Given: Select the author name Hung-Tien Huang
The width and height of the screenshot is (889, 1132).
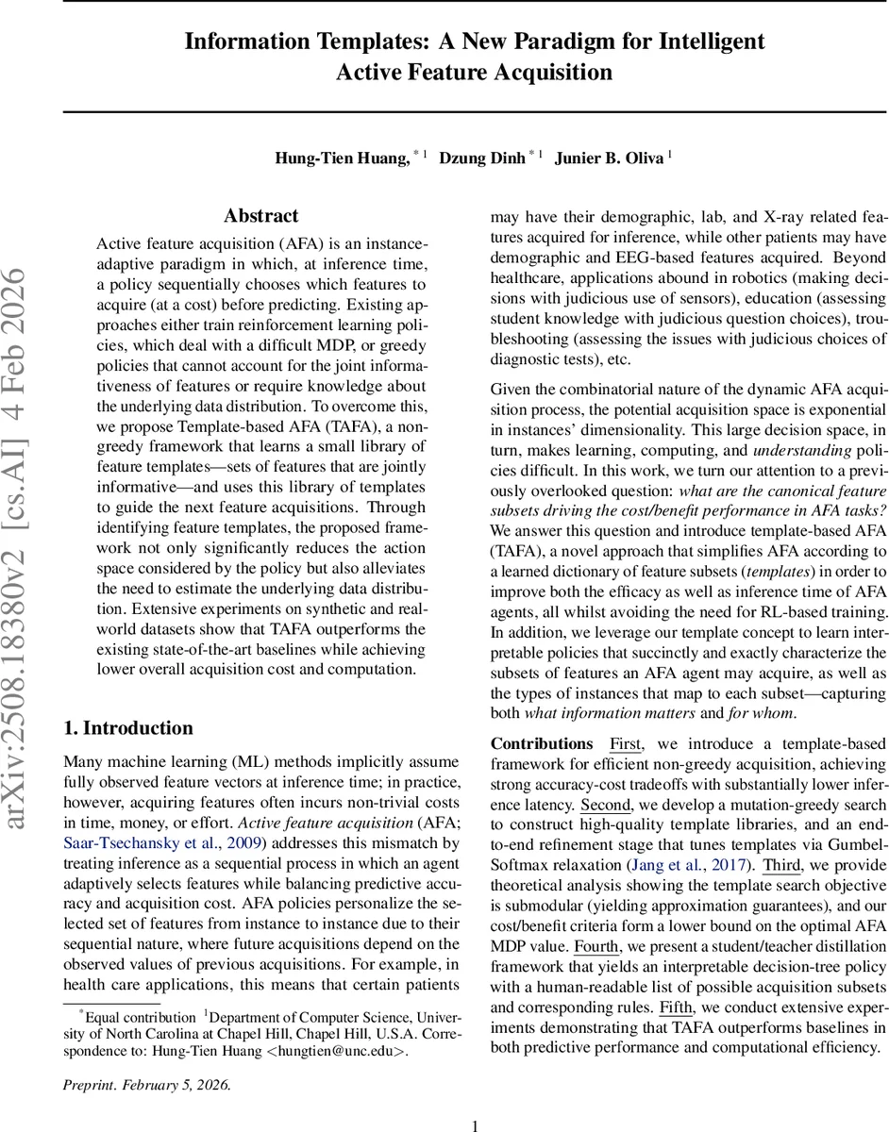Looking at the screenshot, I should pos(343,158).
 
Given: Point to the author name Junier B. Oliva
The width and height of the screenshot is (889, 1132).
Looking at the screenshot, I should pos(609,158).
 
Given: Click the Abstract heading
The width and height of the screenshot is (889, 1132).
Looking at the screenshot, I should pos(260,216).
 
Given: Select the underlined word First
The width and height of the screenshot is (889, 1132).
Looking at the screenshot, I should pos(626,744).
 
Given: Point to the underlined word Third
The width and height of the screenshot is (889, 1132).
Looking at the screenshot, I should pos(781,865).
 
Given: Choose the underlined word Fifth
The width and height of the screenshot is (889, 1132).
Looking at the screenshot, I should pos(676,1007).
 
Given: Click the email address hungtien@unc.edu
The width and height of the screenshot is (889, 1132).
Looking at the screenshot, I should pos(335,1052).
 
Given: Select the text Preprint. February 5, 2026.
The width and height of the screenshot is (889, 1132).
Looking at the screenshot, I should pos(145,1084).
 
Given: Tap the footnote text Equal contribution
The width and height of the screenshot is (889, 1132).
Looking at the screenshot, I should pos(138,1018).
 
